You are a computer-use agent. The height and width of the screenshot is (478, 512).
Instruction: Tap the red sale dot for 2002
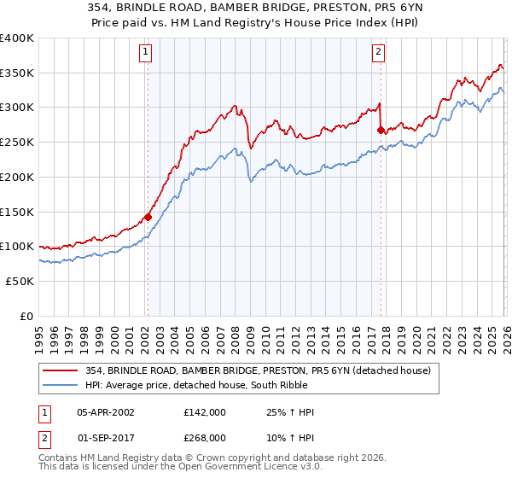click(148, 217)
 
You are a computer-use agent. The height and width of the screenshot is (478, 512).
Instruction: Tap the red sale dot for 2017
click(381, 130)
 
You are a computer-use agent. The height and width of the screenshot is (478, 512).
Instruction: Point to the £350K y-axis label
click(17, 73)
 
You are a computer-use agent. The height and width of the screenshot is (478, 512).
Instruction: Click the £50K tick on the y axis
click(20, 281)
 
